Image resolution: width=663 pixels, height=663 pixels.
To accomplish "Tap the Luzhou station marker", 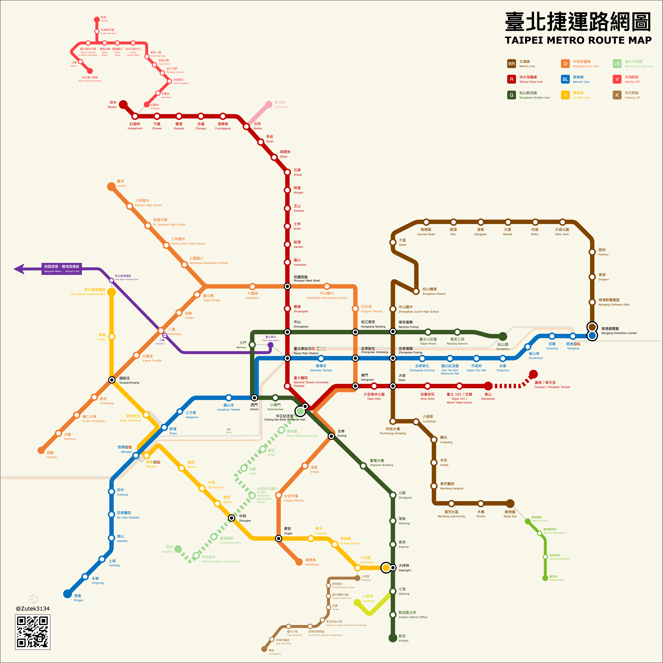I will [x=111, y=186].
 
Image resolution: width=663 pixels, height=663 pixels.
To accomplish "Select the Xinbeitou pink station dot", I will [x=269, y=104].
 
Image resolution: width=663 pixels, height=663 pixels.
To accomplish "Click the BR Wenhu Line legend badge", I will [x=511, y=64].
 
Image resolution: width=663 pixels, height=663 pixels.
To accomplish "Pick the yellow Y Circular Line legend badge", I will [x=565, y=95].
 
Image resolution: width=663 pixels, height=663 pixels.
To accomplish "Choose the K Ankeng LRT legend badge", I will [x=617, y=95].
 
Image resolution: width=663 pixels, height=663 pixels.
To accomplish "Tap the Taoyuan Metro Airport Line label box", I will [x=62, y=269].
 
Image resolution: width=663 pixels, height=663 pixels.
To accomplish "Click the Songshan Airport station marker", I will [x=416, y=291].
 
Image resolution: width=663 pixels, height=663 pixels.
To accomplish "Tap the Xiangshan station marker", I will [x=488, y=386].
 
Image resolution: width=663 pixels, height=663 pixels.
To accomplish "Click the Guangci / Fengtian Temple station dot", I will [x=533, y=374].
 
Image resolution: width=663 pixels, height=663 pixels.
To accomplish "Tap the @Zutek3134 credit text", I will [x=33, y=608].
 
